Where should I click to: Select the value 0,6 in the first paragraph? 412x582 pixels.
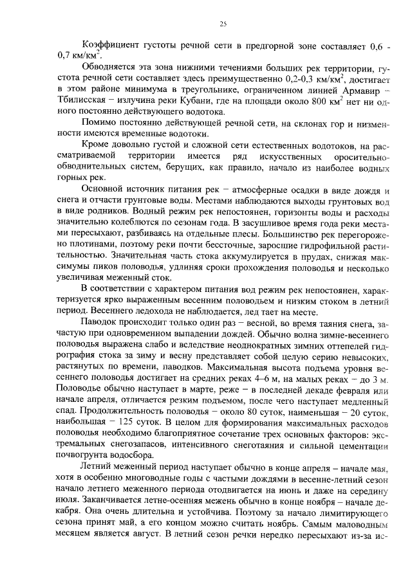tap(374, 44)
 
